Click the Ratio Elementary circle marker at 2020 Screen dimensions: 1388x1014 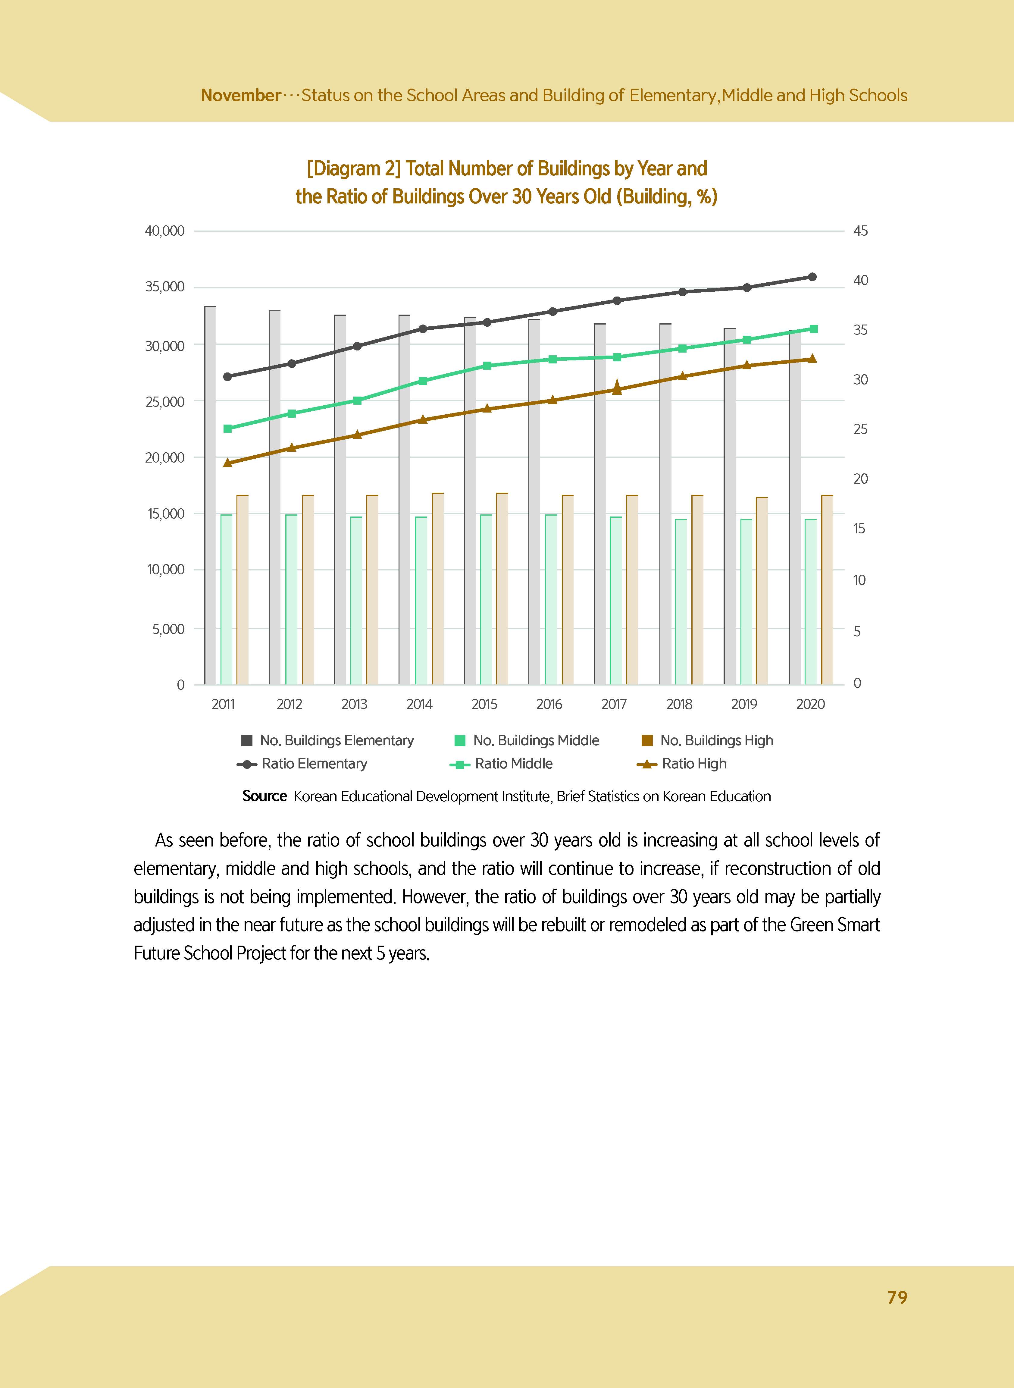812,277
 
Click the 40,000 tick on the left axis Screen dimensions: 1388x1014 164,231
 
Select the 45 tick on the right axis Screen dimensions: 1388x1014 861,231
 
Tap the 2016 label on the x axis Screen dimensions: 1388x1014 549,704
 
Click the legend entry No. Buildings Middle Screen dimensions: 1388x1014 535,740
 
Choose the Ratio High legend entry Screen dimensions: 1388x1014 693,764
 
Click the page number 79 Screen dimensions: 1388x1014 897,1297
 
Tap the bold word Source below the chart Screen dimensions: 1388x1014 264,796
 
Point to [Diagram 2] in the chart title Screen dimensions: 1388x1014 354,168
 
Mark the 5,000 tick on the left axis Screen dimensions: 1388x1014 168,629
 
